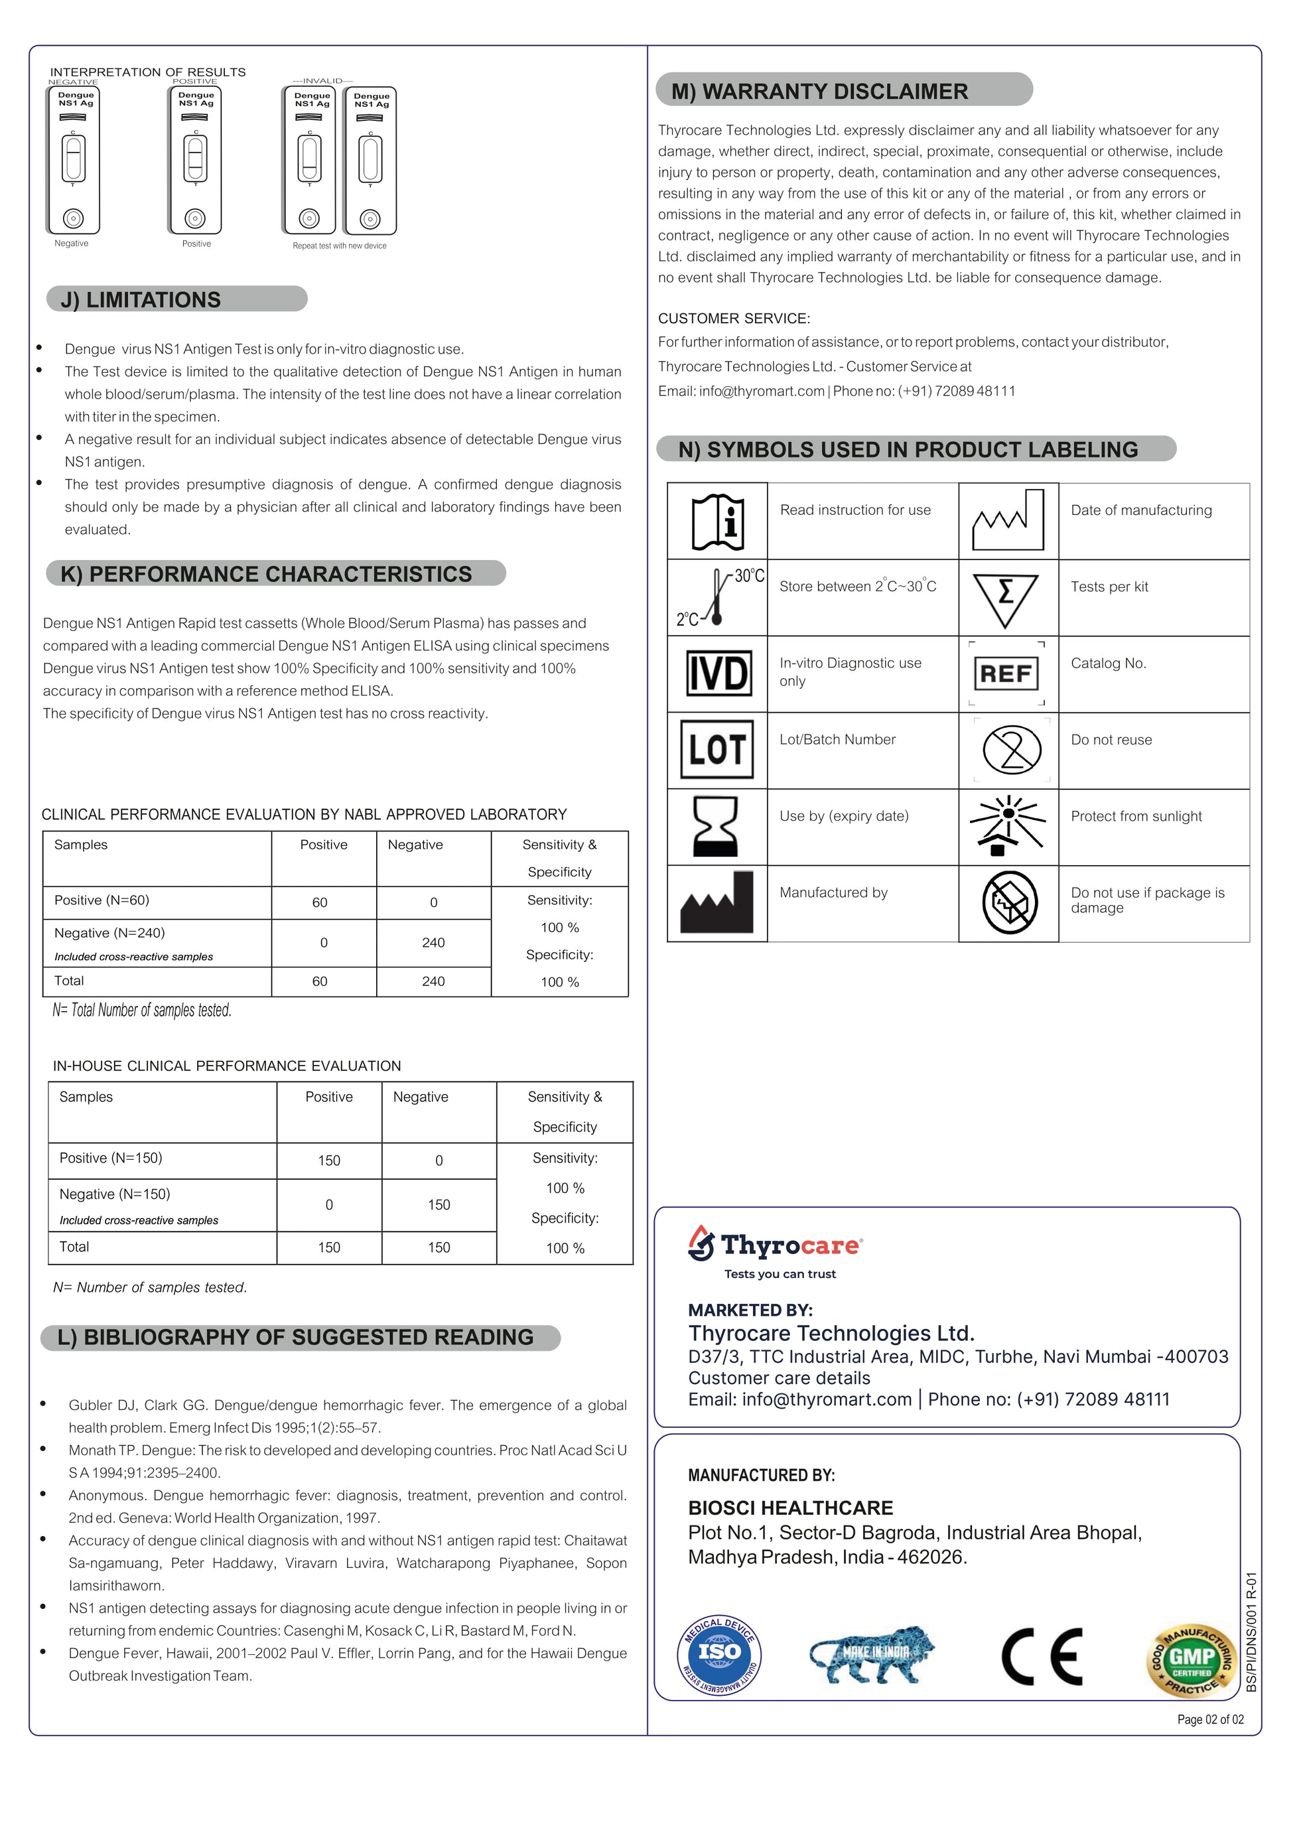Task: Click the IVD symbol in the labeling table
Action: pos(718,673)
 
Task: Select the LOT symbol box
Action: pos(717,749)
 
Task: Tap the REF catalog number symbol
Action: pos(1006,673)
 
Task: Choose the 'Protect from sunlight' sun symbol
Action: pos(1007,825)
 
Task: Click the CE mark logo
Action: pos(1042,1657)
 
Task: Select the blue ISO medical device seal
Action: pos(718,1655)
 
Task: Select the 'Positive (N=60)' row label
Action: pos(102,900)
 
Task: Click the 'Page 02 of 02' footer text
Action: pos(1210,1719)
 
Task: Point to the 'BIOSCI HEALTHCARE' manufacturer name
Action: pos(790,1508)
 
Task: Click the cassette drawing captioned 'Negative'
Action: pos(73,160)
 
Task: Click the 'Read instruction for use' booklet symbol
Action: pos(717,522)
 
